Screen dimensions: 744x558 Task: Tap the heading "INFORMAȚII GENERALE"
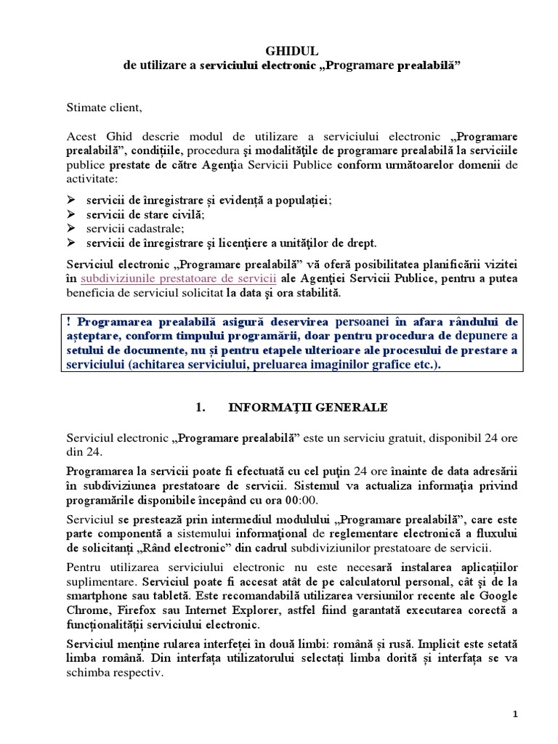[308, 408]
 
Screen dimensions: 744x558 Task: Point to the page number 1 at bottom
[515, 714]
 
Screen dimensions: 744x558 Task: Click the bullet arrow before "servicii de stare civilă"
[70, 215]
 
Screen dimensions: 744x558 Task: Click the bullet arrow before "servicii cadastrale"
[70, 229]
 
